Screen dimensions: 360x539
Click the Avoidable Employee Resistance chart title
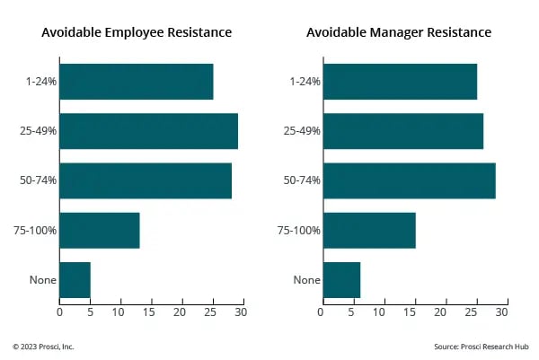pos(137,32)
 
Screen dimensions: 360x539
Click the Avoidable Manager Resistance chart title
pos(399,32)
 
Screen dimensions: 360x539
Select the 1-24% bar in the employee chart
pos(137,82)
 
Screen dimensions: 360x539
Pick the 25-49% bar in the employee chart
pos(149,131)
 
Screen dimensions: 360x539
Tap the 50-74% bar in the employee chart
pos(146,180)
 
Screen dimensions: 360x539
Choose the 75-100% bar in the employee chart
pos(100,230)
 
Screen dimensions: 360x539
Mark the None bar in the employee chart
pos(75,279)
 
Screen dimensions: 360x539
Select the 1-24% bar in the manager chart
pos(400,82)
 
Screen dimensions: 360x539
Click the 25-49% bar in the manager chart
pos(402,131)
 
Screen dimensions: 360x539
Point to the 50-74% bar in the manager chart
pos(409,180)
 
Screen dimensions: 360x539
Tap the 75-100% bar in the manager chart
pos(369,230)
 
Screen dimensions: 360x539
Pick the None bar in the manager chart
pos(341,279)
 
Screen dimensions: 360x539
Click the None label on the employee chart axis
pos(42,280)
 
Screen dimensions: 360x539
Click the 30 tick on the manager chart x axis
pos(502,312)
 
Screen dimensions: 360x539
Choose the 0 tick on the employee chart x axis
pos(59,312)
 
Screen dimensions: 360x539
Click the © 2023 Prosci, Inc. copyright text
pos(44,346)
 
